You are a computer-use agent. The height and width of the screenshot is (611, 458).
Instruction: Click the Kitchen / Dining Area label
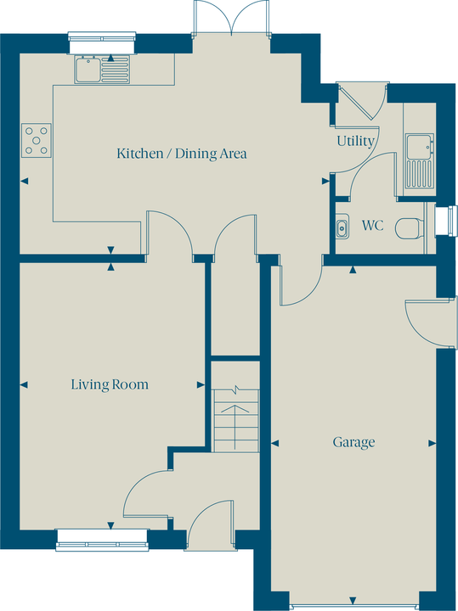click(x=182, y=153)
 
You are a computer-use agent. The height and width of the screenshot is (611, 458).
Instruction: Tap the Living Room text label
click(x=110, y=384)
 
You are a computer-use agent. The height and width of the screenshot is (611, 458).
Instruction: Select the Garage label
click(x=353, y=442)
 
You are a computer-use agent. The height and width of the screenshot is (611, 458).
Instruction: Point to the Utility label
click(x=355, y=141)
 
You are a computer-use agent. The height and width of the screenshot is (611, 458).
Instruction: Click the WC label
click(x=372, y=225)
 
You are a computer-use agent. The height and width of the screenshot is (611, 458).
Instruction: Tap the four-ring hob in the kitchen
click(x=37, y=140)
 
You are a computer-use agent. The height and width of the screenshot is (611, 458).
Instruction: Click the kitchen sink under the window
click(x=102, y=70)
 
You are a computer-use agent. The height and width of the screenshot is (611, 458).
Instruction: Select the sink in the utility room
click(x=420, y=161)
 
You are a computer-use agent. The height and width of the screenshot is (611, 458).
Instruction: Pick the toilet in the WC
click(x=410, y=228)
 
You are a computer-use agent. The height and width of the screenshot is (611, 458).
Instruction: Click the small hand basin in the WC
click(x=342, y=226)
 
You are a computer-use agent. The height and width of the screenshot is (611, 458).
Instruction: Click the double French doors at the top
click(x=231, y=18)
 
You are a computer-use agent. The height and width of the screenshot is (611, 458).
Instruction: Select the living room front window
click(x=102, y=540)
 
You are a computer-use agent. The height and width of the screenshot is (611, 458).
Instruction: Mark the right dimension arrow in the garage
click(x=432, y=443)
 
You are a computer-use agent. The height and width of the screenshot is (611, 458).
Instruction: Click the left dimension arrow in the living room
click(x=24, y=385)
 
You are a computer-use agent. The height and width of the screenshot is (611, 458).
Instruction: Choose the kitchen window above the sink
click(x=102, y=42)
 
